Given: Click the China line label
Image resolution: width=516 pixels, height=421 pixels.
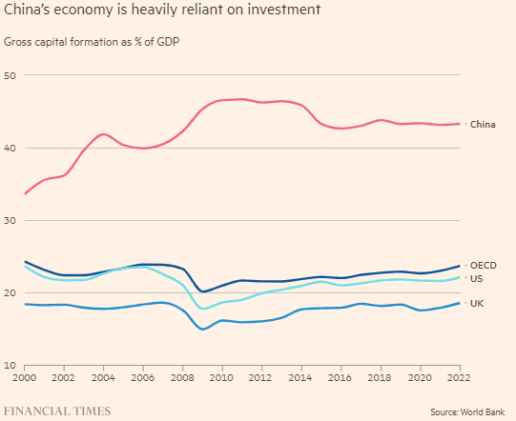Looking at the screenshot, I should [x=483, y=124].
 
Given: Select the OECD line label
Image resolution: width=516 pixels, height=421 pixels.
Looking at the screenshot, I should [x=484, y=265].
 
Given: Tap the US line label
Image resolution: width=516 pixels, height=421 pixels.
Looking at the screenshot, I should [x=477, y=278].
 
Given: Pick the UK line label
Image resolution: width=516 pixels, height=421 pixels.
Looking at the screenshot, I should [x=477, y=303].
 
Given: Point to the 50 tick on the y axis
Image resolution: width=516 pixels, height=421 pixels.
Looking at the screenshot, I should [x=10, y=75].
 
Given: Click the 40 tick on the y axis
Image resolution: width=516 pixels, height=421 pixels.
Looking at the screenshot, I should [x=10, y=148].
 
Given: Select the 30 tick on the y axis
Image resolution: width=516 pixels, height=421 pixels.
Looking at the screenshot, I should [x=10, y=221].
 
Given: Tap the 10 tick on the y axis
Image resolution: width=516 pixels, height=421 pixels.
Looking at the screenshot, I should [x=10, y=366].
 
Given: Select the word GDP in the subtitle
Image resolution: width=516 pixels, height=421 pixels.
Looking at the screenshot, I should [x=169, y=43].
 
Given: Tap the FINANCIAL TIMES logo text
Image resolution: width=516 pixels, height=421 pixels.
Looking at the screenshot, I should [x=58, y=411].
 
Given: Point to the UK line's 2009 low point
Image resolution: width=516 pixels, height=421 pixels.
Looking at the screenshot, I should [x=203, y=330].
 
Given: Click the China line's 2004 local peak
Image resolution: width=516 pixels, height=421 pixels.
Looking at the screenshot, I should [x=104, y=134].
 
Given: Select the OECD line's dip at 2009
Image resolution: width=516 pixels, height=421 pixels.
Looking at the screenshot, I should [x=203, y=291].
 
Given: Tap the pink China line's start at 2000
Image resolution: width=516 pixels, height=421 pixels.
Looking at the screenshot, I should [x=26, y=193].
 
